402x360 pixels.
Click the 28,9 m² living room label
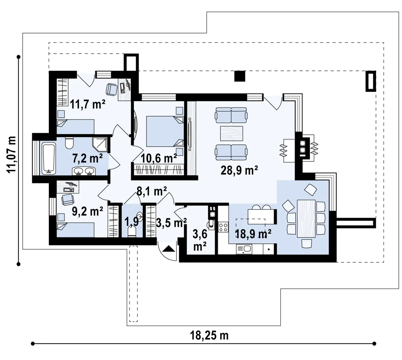pyautogui.click(x=239, y=171)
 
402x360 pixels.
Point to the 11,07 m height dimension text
pyautogui.click(x=11, y=155)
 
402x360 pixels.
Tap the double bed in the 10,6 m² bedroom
pyautogui.click(x=165, y=131)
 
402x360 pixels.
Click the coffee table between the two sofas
pyautogui.click(x=231, y=133)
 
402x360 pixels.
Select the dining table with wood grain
pyautogui.click(x=306, y=219)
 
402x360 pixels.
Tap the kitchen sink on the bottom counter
pyautogui.click(x=244, y=249)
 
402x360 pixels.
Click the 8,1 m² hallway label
pyautogui.click(x=152, y=191)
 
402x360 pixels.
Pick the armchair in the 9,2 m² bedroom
pyautogui.click(x=67, y=199)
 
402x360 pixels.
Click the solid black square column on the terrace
pyautogui.click(x=240, y=76)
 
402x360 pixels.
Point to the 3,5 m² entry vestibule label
pyautogui.click(x=171, y=223)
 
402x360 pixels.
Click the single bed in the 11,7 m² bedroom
pyautogui.click(x=75, y=126)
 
